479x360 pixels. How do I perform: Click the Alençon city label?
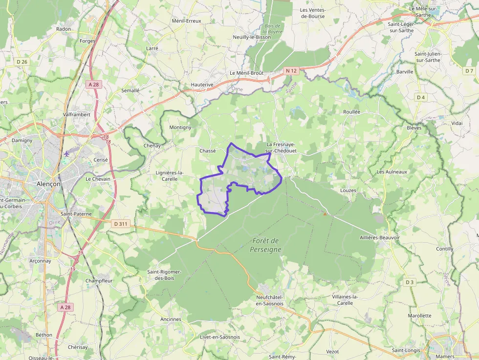(x=48, y=184)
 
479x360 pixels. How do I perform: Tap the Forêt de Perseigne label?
(x=266, y=245)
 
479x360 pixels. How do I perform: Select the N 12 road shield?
(x=291, y=71)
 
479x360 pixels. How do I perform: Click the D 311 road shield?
(x=120, y=224)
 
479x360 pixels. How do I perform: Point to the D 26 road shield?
(x=22, y=62)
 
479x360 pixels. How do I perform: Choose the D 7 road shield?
(x=469, y=71)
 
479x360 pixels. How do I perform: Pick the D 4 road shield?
(x=420, y=97)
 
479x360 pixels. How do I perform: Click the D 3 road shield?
(x=410, y=282)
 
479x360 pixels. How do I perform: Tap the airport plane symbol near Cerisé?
(x=66, y=154)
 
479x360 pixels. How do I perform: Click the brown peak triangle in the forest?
(x=325, y=213)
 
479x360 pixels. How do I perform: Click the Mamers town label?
(x=445, y=357)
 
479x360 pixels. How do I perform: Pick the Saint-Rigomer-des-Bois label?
(x=164, y=275)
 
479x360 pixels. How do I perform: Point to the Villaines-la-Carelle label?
(x=345, y=300)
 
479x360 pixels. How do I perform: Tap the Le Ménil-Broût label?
(x=246, y=73)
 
